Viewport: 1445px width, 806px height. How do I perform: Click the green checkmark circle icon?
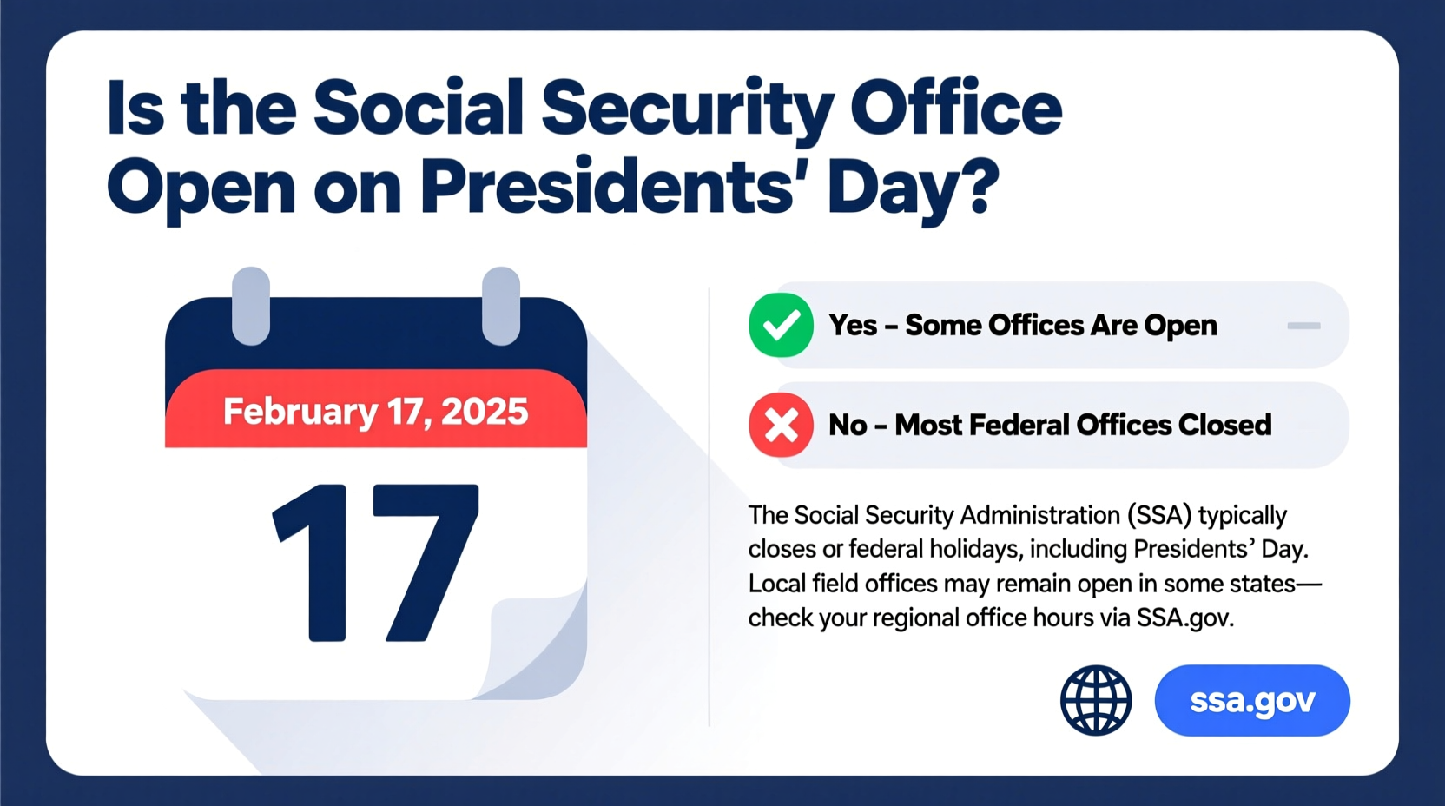(781, 326)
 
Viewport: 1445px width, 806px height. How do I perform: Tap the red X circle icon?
(781, 426)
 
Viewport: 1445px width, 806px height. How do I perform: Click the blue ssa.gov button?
(1251, 701)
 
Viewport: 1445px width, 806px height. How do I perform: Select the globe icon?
(1096, 701)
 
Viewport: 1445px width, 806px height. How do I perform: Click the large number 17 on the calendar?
(375, 563)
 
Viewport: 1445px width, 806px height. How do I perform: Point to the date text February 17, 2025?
(375, 411)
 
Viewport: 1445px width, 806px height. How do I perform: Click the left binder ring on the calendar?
(251, 306)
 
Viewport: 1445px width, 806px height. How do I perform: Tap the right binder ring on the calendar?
(500, 306)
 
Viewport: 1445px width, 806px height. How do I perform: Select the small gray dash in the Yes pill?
(1303, 326)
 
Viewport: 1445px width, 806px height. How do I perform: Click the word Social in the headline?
(418, 109)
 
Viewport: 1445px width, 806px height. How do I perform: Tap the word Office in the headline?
(955, 109)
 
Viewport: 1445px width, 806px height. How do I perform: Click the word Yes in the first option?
(853, 326)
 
